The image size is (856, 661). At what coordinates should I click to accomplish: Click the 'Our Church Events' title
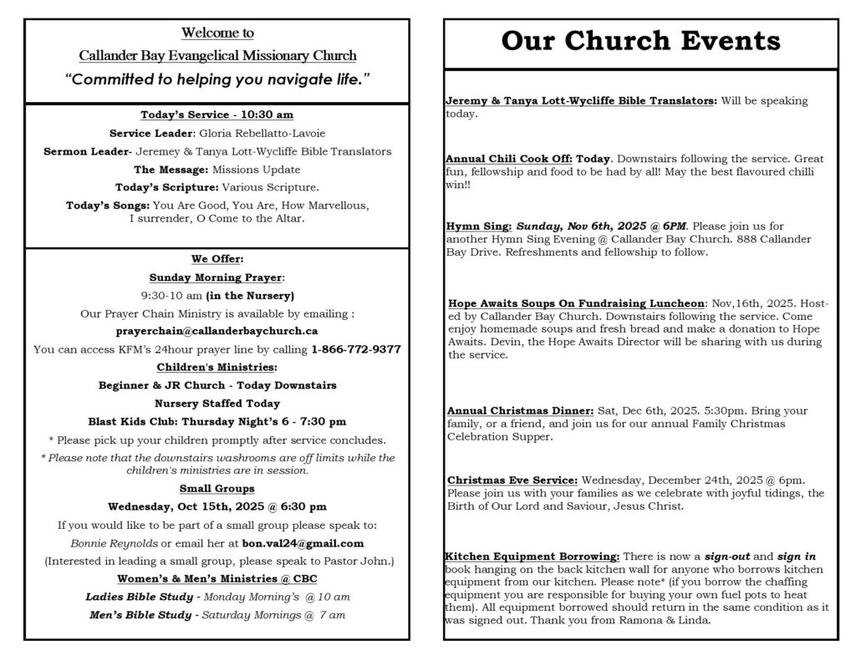coord(640,41)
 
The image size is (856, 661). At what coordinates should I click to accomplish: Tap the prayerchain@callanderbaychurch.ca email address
coord(217,331)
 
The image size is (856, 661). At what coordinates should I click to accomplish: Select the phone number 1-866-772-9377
coord(355,349)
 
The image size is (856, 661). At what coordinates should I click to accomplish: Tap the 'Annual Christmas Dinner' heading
coord(520,411)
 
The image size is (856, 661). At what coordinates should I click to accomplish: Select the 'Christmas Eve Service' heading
coord(512,480)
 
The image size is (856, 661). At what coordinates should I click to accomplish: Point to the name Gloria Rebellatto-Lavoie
coord(262,133)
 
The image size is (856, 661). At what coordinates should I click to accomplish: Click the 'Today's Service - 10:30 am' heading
coord(217,114)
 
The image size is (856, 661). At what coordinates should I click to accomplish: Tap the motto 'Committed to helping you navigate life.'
coord(217,79)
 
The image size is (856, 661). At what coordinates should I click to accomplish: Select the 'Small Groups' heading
coord(217,488)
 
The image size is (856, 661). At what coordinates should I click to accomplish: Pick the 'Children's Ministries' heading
coord(217,367)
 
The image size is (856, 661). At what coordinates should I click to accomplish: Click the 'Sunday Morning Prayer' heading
coord(217,277)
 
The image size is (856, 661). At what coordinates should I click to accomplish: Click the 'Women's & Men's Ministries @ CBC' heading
coord(217,578)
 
